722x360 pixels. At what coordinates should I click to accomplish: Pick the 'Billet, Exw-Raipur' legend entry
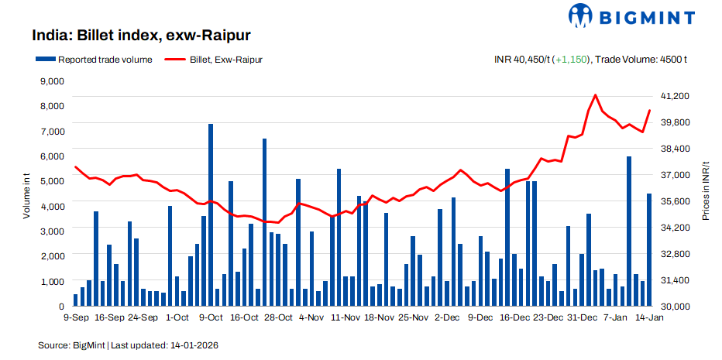point(213,59)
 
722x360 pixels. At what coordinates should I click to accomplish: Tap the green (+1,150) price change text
point(572,59)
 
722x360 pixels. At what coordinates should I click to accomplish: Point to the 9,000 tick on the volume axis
point(51,81)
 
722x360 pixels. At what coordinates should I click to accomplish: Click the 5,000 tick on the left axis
point(51,180)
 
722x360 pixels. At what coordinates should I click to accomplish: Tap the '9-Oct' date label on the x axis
point(211,317)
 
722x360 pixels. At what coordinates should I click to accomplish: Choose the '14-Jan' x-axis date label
point(649,317)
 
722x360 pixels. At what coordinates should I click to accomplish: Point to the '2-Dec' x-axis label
point(447,317)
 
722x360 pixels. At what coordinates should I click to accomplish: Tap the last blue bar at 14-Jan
point(649,249)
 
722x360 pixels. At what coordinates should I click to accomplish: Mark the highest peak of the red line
point(595,95)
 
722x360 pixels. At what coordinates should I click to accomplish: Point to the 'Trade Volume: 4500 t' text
point(644,59)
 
